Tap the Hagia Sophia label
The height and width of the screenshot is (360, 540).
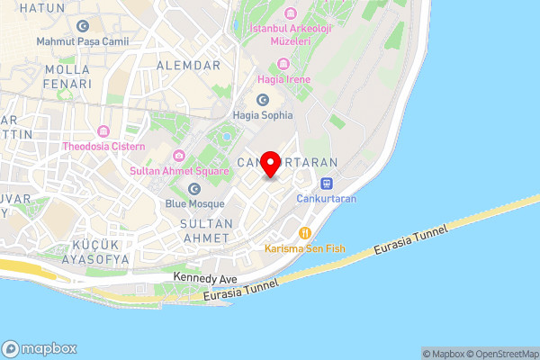coord(263,115)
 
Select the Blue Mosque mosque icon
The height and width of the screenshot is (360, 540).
coord(194,188)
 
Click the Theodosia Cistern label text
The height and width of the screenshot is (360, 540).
coord(103,146)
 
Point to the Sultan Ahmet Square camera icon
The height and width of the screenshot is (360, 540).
coord(178,156)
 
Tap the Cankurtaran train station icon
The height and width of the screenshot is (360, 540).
coord(326,183)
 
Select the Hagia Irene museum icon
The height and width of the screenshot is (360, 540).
coord(284,64)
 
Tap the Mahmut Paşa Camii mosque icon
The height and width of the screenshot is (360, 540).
coord(83,26)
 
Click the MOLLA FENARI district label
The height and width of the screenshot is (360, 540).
coord(61,76)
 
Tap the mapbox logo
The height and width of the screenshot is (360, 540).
coord(40,348)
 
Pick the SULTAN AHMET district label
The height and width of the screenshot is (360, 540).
coord(207,229)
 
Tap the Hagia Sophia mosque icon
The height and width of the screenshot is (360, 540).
coord(263,100)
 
